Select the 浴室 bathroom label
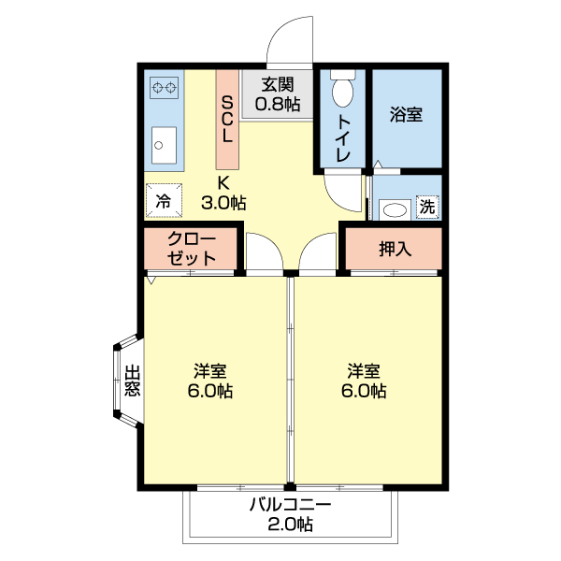tap(405, 115)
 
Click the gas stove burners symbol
tap(165, 89)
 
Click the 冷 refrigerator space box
tap(163, 199)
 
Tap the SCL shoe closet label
tap(228, 118)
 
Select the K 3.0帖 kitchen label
tap(223, 192)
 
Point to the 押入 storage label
tap(395, 249)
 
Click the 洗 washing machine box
tap(426, 207)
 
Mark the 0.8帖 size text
tap(278, 104)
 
